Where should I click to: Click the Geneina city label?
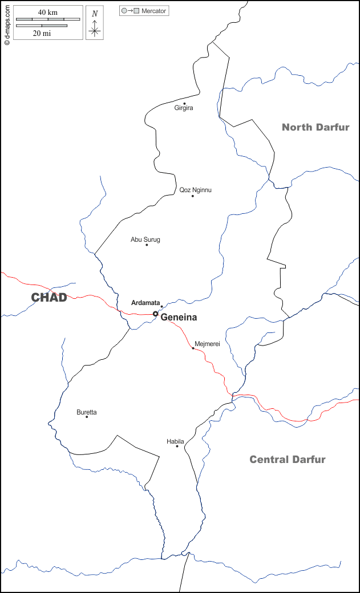coord(179,318)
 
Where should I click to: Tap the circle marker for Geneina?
coord(155,314)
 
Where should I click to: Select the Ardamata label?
coord(145,303)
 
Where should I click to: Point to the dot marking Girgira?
coord(184,104)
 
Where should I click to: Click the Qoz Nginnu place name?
coord(195,190)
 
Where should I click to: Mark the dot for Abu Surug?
coord(147,245)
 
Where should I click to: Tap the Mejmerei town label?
coord(207,344)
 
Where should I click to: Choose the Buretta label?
coord(87,412)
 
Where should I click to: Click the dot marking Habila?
coord(177,446)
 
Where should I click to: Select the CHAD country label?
coord(49,297)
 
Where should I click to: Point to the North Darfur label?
coord(315,127)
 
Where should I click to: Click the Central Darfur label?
coord(288,460)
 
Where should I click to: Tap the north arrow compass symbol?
coord(95,23)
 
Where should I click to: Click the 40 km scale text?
coord(48,13)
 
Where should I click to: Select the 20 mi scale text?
coord(42,33)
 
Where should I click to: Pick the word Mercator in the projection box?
coord(154,11)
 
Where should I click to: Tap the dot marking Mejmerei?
coord(193,348)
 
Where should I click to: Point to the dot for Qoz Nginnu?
coord(193,196)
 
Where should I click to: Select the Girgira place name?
coord(184,108)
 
